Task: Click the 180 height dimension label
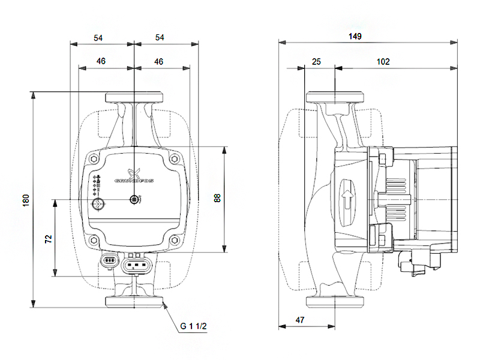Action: pyautogui.click(x=26, y=200)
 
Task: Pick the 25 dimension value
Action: pyautogui.click(x=317, y=61)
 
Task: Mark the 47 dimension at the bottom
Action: pyautogui.click(x=300, y=320)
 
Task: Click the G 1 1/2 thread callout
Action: pyautogui.click(x=193, y=326)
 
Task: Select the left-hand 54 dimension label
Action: pyautogui.click(x=98, y=37)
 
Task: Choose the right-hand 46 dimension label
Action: pyautogui.click(x=158, y=61)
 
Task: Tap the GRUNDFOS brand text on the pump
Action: pyautogui.click(x=134, y=179)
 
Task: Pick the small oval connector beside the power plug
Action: pyautogui.click(x=109, y=261)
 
